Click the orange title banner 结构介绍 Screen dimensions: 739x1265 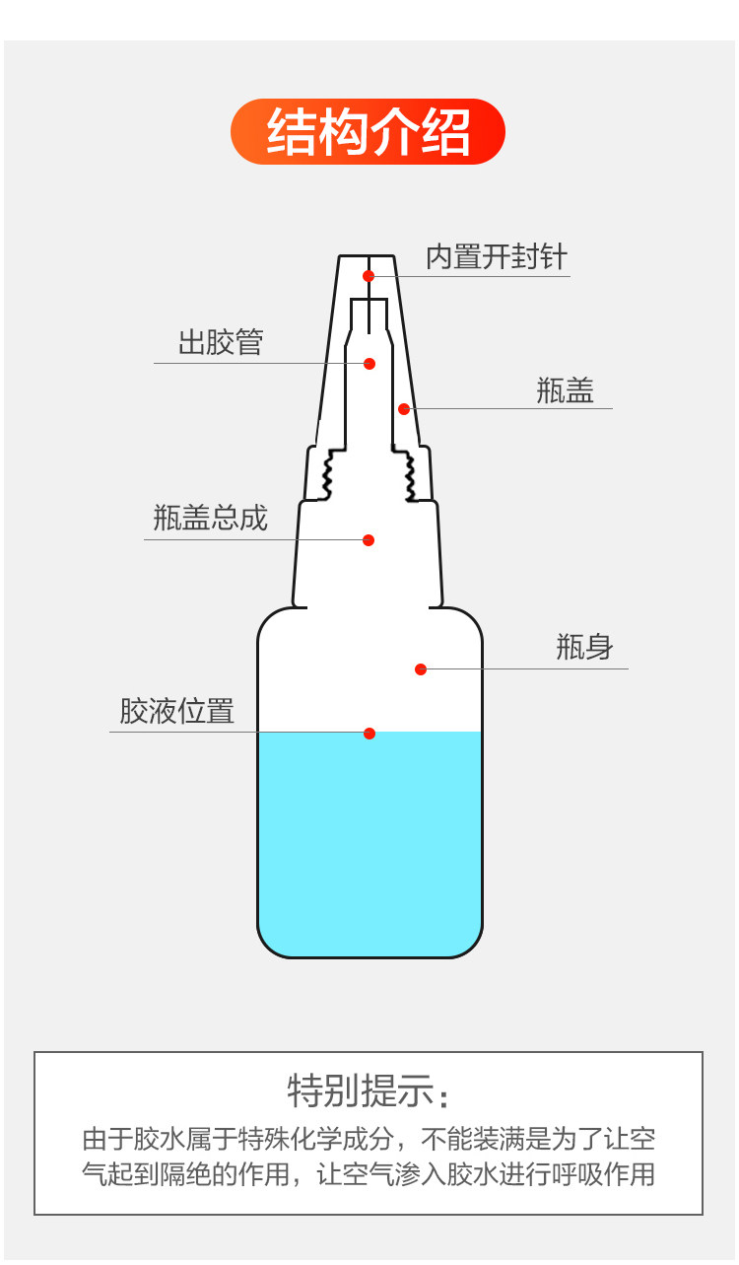pos(368,132)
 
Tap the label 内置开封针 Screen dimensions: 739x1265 pos(496,257)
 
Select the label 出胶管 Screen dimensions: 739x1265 pos(221,343)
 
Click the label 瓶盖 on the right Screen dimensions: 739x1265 pos(566,390)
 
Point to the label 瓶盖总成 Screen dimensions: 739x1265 pos(210,518)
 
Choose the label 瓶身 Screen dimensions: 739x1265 pos(584,648)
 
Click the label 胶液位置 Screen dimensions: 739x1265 pos(177,711)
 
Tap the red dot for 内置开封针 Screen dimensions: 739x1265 pos(369,276)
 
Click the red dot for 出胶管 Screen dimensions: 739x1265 pos(369,364)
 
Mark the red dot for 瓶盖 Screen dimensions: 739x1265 pos(404,408)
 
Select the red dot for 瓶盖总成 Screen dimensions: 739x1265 pos(369,540)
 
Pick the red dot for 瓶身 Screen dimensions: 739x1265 pos(421,669)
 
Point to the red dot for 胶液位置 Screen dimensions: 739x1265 pos(369,734)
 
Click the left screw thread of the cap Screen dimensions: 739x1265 pos(334,472)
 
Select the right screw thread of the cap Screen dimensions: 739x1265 pos(404,472)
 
